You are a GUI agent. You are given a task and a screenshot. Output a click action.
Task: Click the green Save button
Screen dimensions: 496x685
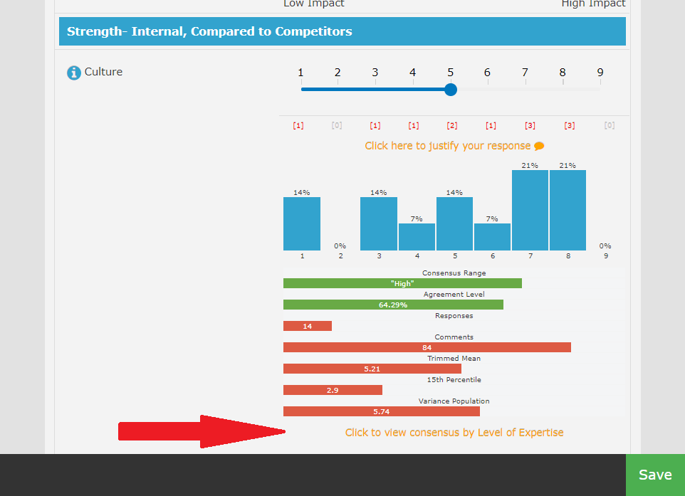[655, 475]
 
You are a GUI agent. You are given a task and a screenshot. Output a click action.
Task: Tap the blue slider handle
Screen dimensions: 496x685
[450, 90]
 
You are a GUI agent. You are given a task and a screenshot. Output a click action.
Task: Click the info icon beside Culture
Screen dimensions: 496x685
[74, 73]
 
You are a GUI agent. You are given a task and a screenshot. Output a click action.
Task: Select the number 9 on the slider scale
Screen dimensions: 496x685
[600, 73]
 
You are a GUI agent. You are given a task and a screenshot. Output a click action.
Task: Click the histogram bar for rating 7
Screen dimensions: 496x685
[530, 210]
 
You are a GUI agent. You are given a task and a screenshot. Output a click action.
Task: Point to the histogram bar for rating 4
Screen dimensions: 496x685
[417, 237]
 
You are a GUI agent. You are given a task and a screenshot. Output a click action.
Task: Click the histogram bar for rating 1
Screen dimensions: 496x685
[302, 223]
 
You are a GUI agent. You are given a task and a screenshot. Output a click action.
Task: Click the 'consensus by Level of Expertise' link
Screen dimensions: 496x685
[454, 433]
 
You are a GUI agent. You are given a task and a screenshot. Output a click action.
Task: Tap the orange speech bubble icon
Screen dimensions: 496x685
[539, 147]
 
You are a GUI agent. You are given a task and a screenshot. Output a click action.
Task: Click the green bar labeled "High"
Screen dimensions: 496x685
[402, 283]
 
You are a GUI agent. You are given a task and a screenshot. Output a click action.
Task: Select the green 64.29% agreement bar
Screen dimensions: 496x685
[393, 305]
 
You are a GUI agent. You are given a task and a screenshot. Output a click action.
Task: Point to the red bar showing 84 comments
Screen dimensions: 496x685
[427, 347]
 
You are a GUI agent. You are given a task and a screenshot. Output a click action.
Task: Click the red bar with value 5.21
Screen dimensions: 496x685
[372, 369]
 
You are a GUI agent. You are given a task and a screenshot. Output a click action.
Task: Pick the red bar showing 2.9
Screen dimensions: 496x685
[333, 390]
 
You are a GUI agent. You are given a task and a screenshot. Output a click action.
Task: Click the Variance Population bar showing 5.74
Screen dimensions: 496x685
[381, 411]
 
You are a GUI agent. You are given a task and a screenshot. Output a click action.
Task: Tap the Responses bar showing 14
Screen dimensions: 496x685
[308, 326]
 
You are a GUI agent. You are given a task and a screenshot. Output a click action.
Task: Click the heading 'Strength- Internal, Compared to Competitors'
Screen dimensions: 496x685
[209, 31]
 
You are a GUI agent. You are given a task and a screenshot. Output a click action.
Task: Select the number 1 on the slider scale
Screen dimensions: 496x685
[300, 73]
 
